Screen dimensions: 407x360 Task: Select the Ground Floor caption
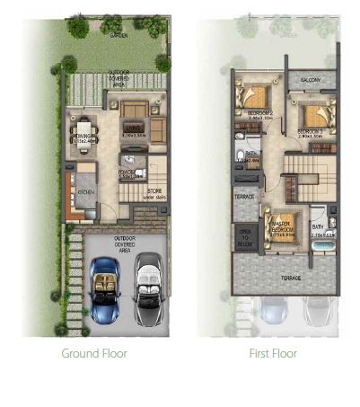(x=94, y=353)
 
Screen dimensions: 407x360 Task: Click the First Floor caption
(x=273, y=353)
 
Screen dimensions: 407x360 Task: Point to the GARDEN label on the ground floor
(x=119, y=35)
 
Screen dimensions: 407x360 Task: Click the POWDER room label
(x=127, y=174)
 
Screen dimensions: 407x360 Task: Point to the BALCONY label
(x=312, y=80)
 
